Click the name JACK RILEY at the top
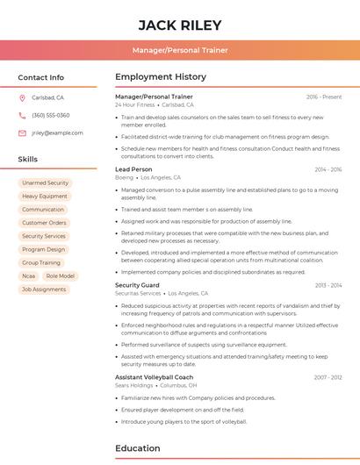pos(179,25)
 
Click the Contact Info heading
pos(40,77)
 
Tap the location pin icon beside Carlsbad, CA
pos(22,97)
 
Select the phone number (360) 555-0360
pos(50,115)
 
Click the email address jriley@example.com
pos(57,132)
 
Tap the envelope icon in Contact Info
pos(22,132)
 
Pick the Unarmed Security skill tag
pos(45,182)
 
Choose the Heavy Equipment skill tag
pos(45,196)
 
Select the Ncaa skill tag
pos(29,275)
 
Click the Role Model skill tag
pos(61,275)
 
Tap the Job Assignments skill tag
pos(44,289)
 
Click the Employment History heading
pos(161,77)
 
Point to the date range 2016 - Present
pos(324,97)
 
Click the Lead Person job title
pos(133,168)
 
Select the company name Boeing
pos(125,177)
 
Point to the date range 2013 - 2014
pos(328,285)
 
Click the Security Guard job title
pos(137,285)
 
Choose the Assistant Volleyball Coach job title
pos(154,376)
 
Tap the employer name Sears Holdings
pos(133,385)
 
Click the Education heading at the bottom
pos(137,448)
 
